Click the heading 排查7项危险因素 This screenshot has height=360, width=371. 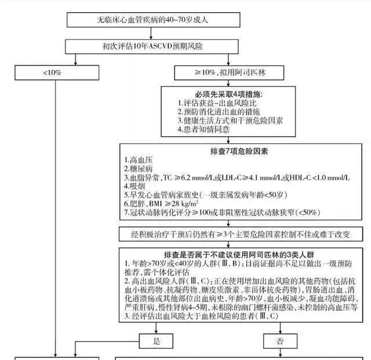coord(240,151)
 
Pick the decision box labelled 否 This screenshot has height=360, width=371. coord(279,341)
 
